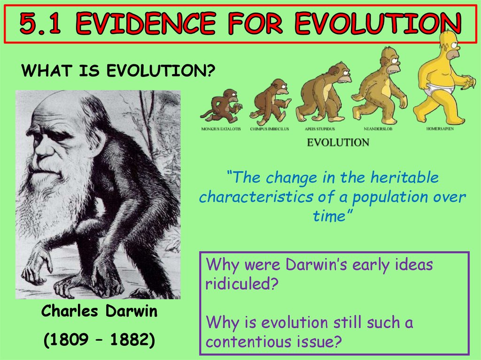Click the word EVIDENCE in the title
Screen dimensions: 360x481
[x=143, y=24]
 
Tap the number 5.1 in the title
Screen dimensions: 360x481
[x=42, y=24]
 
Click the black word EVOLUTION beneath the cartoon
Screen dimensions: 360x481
[x=338, y=142]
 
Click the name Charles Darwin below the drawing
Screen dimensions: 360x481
[x=99, y=311]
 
